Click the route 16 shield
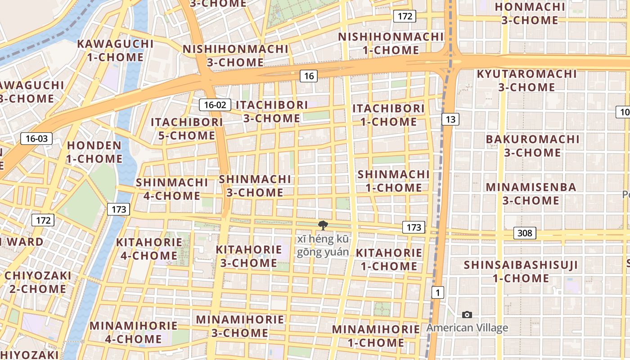pyautogui.click(x=309, y=76)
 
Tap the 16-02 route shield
pyautogui.click(x=215, y=105)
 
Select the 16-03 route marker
pyautogui.click(x=36, y=139)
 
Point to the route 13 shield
pyautogui.click(x=450, y=119)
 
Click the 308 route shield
pyautogui.click(x=525, y=233)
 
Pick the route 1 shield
pyautogui.click(x=437, y=292)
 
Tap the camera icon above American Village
pyautogui.click(x=467, y=315)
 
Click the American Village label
pyautogui.click(x=467, y=328)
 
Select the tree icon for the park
pyautogui.click(x=323, y=225)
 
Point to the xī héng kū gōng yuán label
pyautogui.click(x=323, y=245)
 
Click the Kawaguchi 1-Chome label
pyautogui.click(x=115, y=50)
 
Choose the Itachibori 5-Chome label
pyautogui.click(x=187, y=129)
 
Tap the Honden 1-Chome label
pyautogui.click(x=94, y=152)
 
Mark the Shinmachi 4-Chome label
pyautogui.click(x=172, y=189)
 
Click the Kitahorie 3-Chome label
pyautogui.click(x=248, y=256)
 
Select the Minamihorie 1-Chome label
pyautogui.click(x=376, y=336)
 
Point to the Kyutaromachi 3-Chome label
pyautogui.click(x=526, y=80)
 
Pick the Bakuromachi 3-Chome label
pyautogui.click(x=532, y=146)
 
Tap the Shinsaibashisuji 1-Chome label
pyautogui.click(x=521, y=271)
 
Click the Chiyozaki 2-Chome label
pyautogui.click(x=38, y=282)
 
